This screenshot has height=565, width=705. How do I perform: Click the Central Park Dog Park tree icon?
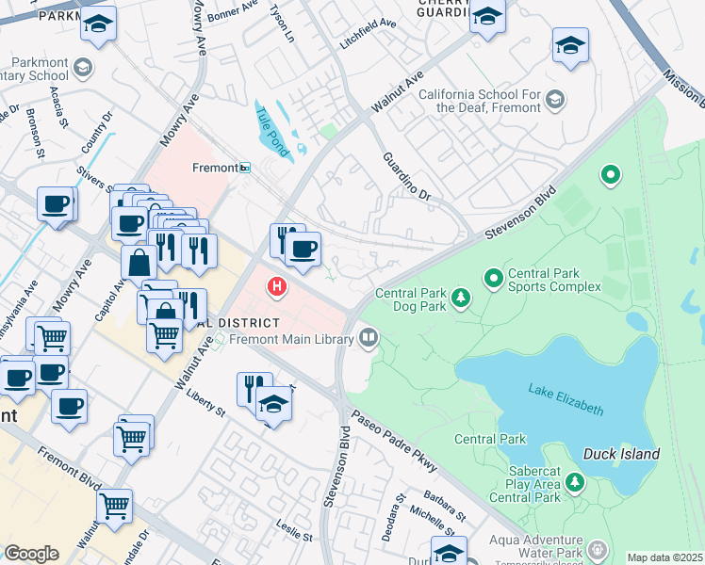(461, 299)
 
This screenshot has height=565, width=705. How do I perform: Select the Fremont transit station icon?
(244, 168)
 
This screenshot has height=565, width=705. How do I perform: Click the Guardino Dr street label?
(407, 177)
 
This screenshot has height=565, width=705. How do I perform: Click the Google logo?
(31, 553)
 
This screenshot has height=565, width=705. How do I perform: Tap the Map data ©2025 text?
(665, 557)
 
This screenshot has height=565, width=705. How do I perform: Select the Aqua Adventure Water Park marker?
(595, 547)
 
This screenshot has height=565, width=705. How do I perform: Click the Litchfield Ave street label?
(369, 34)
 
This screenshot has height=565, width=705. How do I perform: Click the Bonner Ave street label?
(232, 11)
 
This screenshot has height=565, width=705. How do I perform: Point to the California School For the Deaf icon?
(555, 98)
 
